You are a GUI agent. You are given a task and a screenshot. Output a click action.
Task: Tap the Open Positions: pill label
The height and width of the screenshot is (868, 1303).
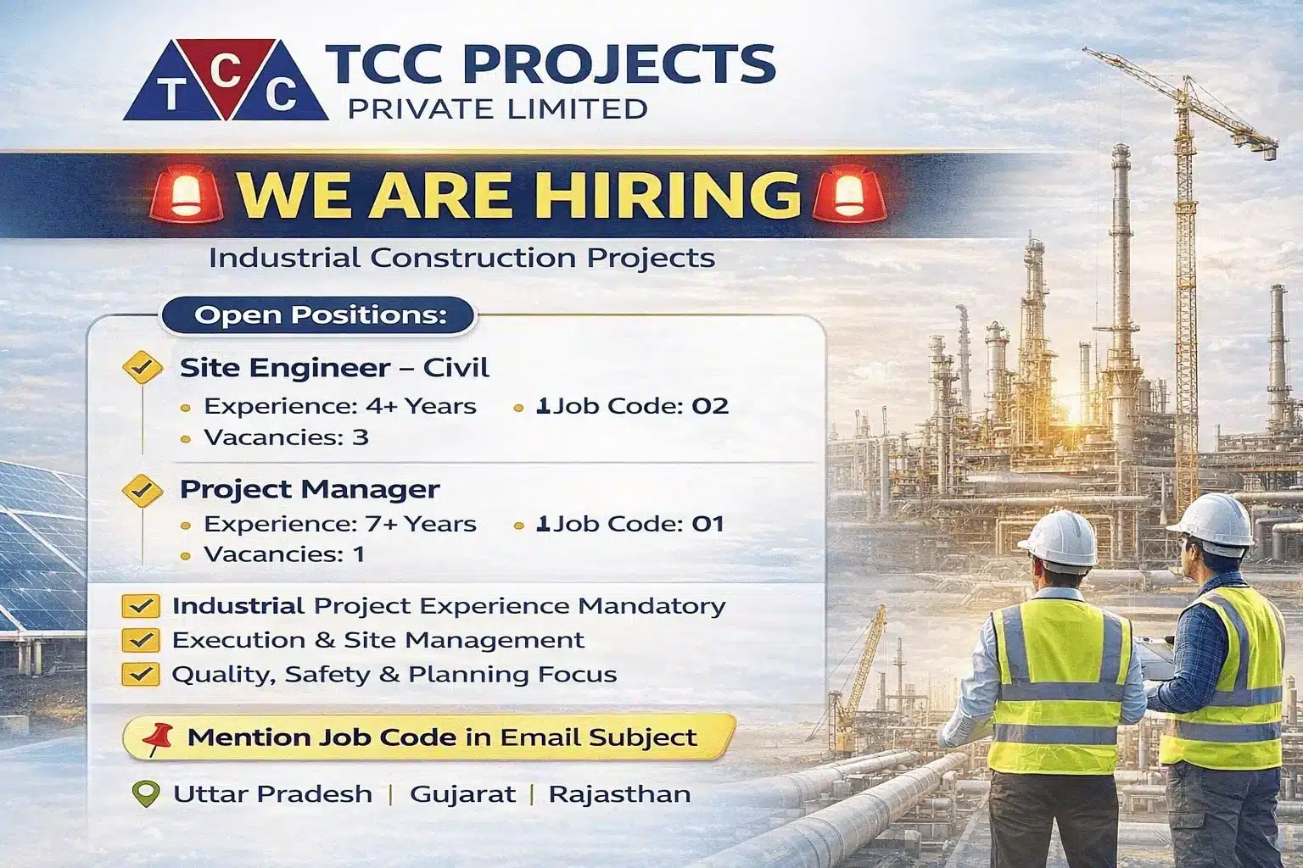coord(320,315)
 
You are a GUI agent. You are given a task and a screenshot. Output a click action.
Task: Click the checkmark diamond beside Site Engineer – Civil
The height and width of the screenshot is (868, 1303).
coord(143,368)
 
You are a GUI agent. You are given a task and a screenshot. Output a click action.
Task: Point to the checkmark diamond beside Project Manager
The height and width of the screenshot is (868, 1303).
coord(143,490)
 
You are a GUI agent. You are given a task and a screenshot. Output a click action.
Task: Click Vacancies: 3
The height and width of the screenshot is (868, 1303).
coord(286,437)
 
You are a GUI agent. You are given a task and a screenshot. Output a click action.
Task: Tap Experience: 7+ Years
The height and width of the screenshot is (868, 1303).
coord(340,524)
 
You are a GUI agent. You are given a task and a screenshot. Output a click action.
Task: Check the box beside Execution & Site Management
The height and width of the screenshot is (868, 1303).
coord(140,640)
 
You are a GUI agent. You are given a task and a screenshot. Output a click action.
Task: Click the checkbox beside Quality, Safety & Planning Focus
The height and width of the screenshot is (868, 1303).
coord(140,675)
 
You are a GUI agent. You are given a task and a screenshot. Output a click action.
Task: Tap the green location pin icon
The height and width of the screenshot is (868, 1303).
coord(147,794)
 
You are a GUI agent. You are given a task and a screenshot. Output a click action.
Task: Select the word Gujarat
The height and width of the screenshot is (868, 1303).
coord(462,794)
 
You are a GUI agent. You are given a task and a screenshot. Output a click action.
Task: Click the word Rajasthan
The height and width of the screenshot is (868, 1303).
coord(619,794)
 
